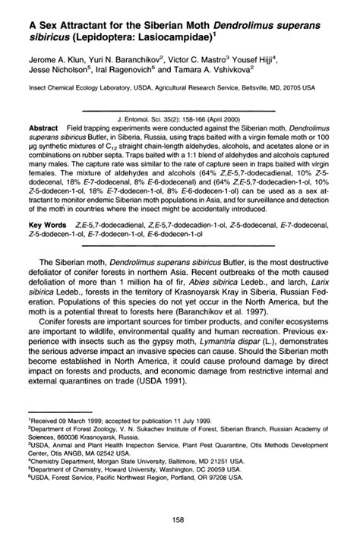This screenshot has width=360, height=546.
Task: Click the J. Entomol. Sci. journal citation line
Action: [179, 119]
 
